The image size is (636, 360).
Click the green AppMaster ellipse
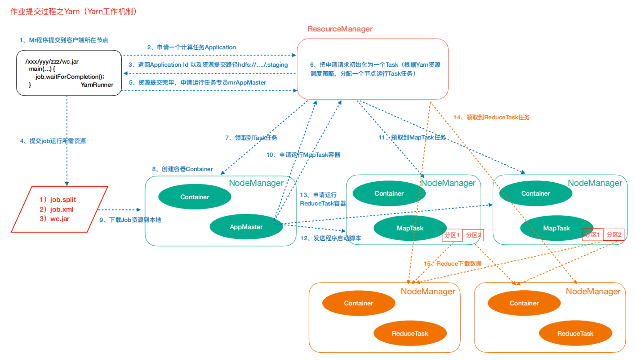point(246,227)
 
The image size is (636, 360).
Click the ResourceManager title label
point(340,29)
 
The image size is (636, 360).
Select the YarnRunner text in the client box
point(97,85)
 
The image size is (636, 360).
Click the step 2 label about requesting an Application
point(192,47)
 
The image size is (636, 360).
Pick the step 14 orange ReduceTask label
point(491,117)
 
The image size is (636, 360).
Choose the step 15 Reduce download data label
point(453,264)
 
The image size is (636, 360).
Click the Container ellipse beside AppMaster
point(195,197)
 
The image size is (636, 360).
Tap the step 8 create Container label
point(182,169)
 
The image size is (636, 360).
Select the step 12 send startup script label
point(331,238)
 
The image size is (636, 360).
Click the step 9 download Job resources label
point(130,220)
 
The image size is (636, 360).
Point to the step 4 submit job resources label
point(53,141)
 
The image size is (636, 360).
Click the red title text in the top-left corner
point(73,12)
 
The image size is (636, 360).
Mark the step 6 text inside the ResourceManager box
point(375,69)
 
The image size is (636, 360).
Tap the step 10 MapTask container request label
point(303,155)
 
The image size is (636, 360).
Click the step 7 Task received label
point(251,138)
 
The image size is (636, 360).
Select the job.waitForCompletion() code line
point(70,77)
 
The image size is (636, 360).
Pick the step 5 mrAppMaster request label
point(197,83)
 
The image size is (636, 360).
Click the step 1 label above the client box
point(64,40)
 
